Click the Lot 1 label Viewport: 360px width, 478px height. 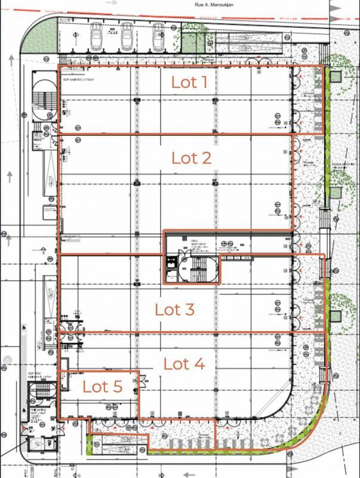coord(189,82)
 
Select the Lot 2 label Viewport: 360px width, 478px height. coord(191,158)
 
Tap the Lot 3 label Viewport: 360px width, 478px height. coord(175,310)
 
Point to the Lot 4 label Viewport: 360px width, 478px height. coord(184,363)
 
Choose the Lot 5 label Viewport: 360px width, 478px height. coord(102,386)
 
